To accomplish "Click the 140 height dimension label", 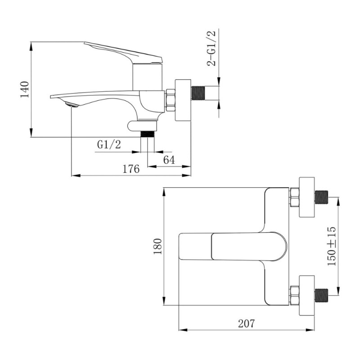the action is [25, 89].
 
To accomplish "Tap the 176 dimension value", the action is [131, 169].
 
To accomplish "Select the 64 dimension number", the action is [169, 160].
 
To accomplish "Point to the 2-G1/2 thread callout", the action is [211, 48].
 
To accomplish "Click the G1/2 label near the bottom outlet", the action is [109, 144].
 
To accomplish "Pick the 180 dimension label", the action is [158, 246].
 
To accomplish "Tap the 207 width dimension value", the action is [246, 324].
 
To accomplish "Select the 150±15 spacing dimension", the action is [331, 246].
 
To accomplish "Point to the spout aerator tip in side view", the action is [72, 105].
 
